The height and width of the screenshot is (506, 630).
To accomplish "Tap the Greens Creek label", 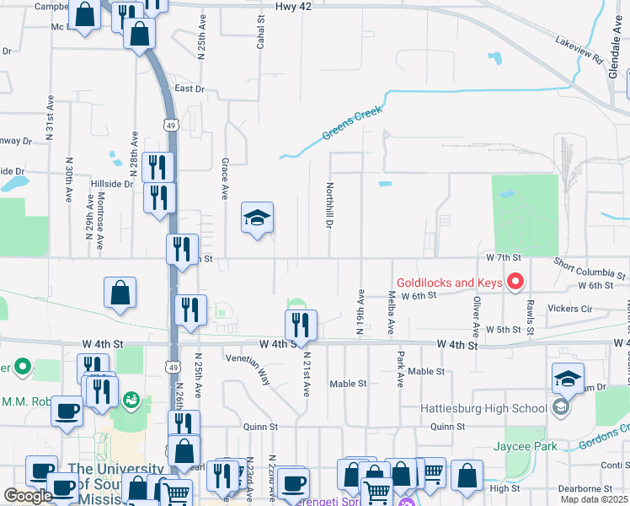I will pos(353,123).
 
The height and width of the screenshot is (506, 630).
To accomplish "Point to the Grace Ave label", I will pos(225,178).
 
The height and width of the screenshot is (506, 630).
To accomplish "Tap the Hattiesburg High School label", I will pos(483,408).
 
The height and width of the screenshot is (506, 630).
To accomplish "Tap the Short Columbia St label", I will pos(590,269).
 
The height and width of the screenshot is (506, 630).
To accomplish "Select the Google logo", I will pos(28,496).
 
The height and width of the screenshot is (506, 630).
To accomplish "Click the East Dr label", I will pos(190,89).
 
